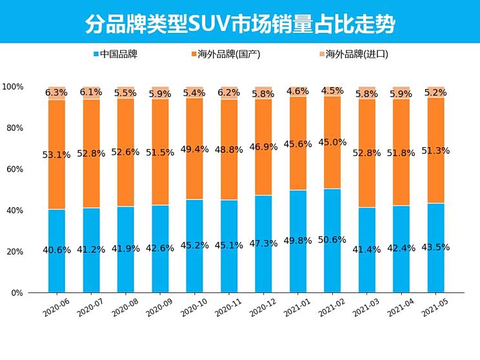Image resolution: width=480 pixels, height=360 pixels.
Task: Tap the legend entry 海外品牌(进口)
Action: click(x=353, y=54)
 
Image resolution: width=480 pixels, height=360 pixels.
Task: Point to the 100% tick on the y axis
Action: click(x=13, y=86)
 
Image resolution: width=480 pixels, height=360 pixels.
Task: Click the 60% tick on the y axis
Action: click(x=15, y=169)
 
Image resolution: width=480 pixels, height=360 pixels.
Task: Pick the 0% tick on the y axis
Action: click(x=17, y=293)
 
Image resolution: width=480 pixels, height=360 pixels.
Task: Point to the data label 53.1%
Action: click(x=56, y=155)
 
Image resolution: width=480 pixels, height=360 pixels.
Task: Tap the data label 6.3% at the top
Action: click(x=56, y=92)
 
